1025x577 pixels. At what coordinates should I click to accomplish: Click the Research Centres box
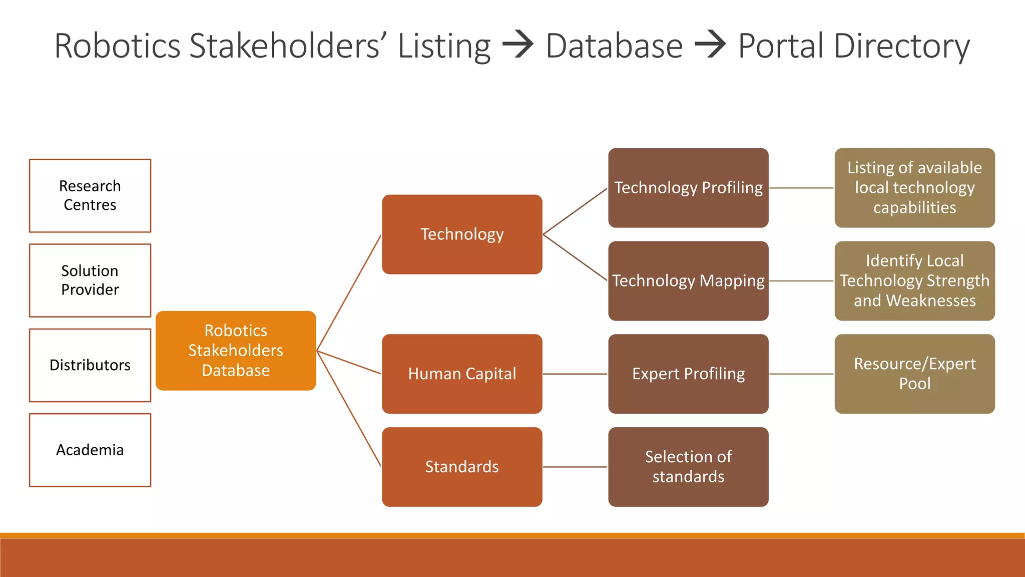pos(90,196)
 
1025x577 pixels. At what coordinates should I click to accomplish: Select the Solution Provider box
pos(90,280)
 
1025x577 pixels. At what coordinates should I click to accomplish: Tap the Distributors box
pos(90,365)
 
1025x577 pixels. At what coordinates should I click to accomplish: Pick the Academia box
pos(90,450)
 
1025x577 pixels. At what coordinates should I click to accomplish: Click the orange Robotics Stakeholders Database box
pos(236,351)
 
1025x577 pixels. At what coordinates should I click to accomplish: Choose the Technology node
pos(462,234)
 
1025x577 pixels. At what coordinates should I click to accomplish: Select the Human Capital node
pos(462,374)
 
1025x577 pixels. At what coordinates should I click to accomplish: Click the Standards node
pos(462,467)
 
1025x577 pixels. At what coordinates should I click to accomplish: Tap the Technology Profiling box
pos(688,188)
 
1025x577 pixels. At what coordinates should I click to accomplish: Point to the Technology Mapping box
pos(688,281)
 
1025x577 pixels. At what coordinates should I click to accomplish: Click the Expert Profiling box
pos(688,374)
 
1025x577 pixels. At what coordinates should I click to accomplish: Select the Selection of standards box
pos(688,467)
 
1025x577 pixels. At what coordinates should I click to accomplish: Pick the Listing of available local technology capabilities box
pos(914,188)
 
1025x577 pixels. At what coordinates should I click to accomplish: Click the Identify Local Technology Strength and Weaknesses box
pos(914,281)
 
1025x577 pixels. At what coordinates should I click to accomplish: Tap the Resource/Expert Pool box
pos(914,374)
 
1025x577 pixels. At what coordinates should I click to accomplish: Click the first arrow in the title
pos(518,45)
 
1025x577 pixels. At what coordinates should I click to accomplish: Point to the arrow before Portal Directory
pos(711,45)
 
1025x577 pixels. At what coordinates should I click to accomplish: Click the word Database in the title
pos(614,46)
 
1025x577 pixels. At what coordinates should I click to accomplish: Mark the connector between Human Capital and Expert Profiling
pos(575,374)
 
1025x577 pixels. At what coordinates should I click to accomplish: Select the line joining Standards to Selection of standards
pos(575,467)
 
